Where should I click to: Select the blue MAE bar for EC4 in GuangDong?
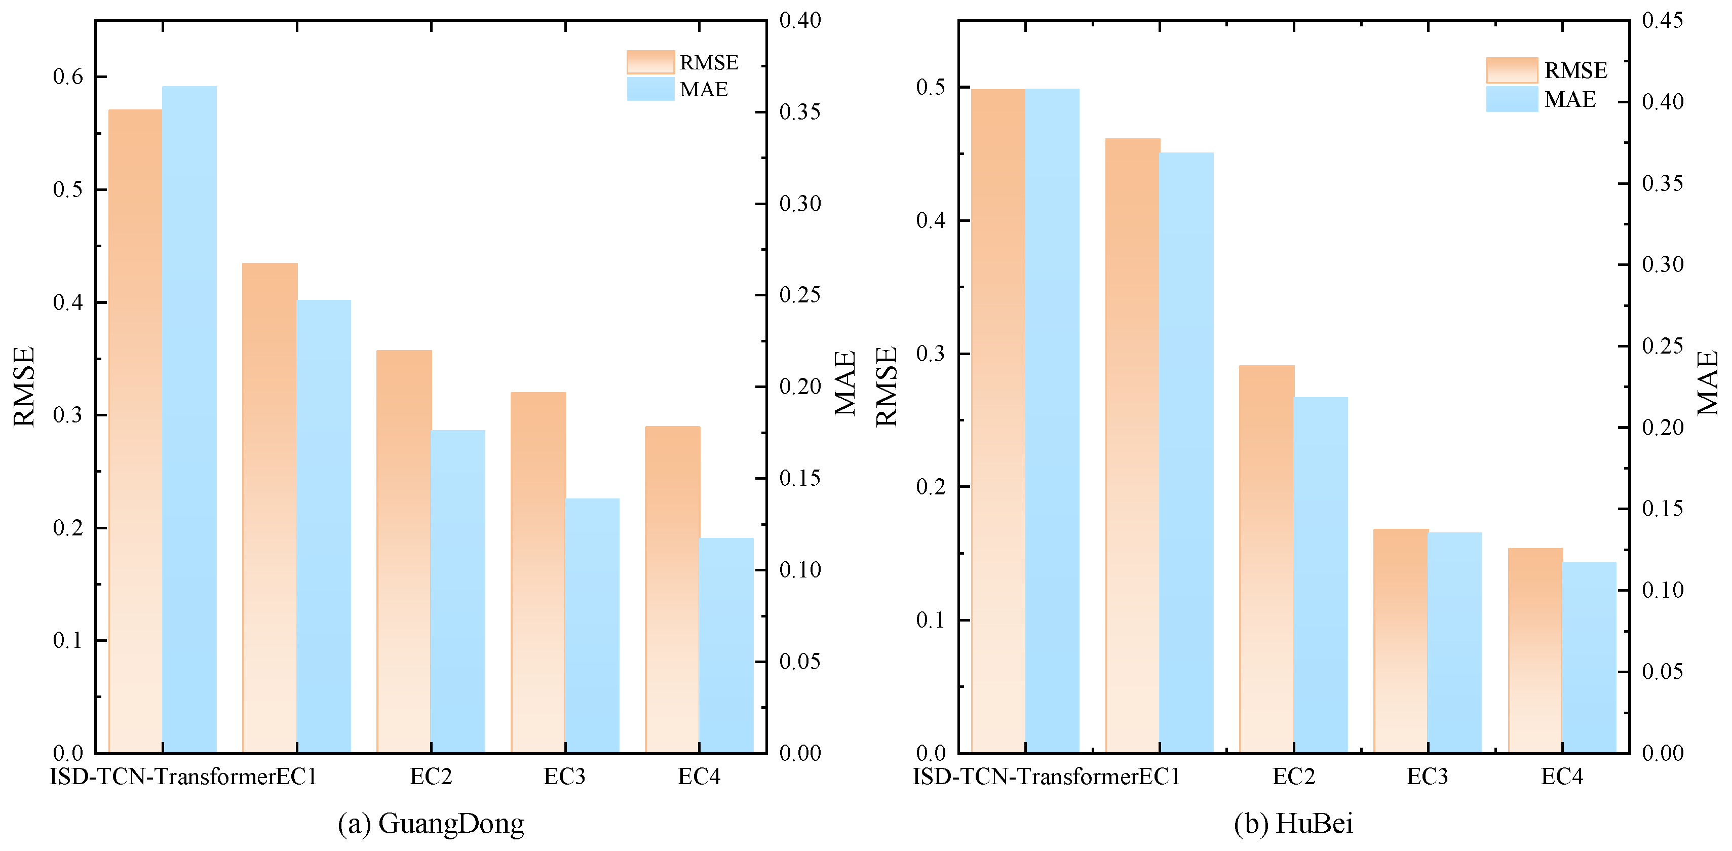point(726,645)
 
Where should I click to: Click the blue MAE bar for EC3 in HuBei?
point(1454,642)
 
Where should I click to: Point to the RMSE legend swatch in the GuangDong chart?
point(650,62)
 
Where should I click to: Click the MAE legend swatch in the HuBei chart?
point(1512,99)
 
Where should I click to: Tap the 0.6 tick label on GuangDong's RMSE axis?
point(68,76)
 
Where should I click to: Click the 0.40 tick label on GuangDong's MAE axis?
point(800,20)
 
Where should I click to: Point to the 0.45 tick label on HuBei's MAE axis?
point(1663,20)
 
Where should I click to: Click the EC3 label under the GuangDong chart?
point(564,777)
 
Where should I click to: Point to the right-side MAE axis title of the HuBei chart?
point(1707,383)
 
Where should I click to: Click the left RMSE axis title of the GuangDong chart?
point(24,386)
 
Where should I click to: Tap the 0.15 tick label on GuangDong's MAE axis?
point(800,478)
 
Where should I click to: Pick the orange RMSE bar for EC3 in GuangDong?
point(538,572)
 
